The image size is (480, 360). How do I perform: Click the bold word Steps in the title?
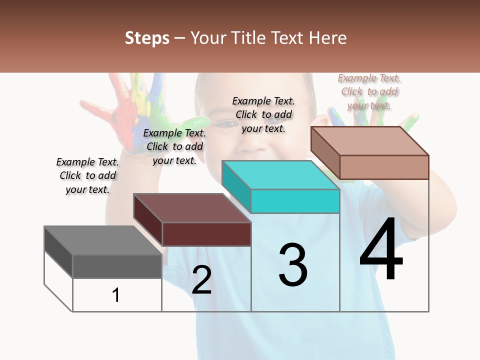pos(147,38)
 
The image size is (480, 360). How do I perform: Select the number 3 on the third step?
pos(293,265)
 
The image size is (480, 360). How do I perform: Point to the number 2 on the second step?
pos(201,280)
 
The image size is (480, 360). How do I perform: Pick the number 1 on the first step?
pos(116,295)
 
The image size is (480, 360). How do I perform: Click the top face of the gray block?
pos(103,240)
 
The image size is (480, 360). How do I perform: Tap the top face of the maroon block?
pos(192,208)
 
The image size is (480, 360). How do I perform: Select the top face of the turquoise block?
pos(280,175)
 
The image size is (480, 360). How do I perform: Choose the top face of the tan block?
pos(369,141)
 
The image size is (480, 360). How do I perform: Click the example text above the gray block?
pos(87,175)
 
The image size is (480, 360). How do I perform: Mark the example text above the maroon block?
pos(174,146)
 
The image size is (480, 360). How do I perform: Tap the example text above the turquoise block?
pos(263,114)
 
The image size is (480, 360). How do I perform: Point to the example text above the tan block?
pos(369,91)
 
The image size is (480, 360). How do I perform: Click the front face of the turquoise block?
pos(295,201)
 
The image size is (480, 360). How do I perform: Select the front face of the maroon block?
pos(206,234)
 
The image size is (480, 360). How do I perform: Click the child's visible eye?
pos(228,123)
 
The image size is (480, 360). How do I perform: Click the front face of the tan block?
pos(384,167)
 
